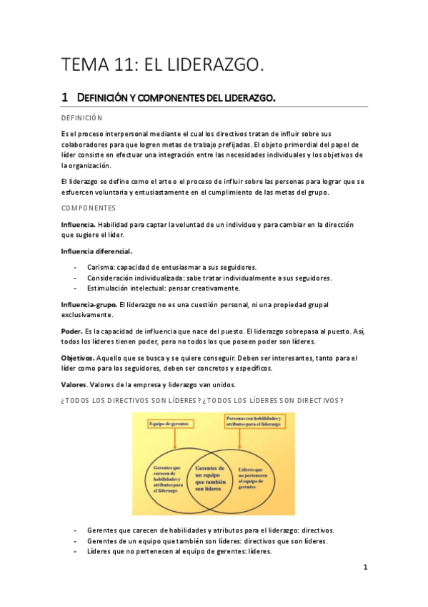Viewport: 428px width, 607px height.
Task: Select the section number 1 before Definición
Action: tap(64, 97)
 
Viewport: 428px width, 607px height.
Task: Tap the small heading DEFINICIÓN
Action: tap(82, 117)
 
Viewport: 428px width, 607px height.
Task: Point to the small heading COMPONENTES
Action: tap(89, 208)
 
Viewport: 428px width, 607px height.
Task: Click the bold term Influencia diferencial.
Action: tap(96, 251)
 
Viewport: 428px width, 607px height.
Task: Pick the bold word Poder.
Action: tap(71, 331)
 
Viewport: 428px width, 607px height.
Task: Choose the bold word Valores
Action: tap(74, 384)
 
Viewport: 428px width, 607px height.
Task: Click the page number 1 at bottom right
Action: tap(364, 568)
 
